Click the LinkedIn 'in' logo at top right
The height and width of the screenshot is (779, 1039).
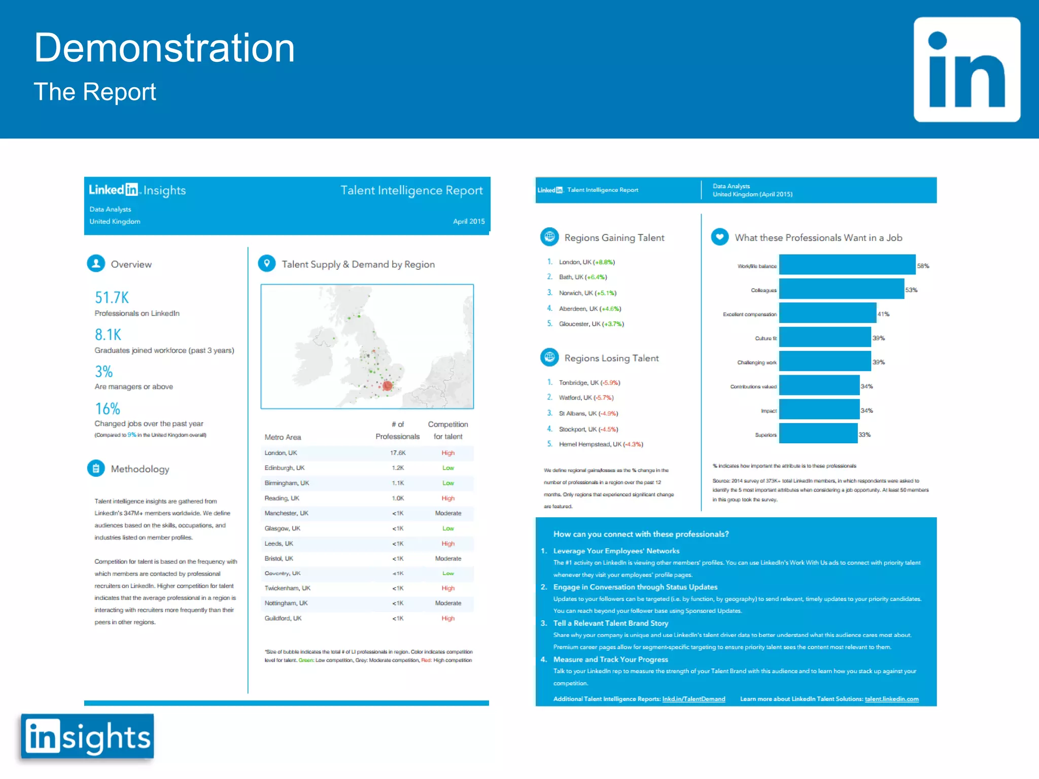click(966, 69)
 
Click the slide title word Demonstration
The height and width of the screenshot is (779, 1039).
click(164, 48)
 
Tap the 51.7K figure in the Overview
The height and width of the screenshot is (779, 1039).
click(112, 297)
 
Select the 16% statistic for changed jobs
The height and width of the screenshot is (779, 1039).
click(108, 408)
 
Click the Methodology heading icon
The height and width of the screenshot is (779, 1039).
click(96, 469)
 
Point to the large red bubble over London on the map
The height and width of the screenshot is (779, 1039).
click(388, 386)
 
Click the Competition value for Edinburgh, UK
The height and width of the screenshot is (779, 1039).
click(448, 468)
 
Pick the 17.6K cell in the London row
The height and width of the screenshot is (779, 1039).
click(398, 453)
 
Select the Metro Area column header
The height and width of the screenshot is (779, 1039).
click(283, 437)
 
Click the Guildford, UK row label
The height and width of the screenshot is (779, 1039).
click(283, 618)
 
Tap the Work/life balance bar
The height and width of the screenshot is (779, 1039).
click(847, 265)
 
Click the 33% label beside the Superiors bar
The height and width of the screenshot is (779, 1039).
click(864, 435)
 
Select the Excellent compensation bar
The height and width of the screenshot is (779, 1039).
click(827, 313)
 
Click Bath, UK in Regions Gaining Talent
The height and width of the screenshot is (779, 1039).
click(571, 277)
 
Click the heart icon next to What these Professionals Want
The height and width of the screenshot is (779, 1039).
click(719, 237)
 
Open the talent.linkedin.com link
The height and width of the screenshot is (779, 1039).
click(891, 699)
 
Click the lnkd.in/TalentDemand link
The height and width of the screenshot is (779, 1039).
click(694, 699)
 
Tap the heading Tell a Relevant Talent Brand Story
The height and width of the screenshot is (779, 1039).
click(610, 623)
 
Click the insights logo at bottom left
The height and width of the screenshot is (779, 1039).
click(88, 736)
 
